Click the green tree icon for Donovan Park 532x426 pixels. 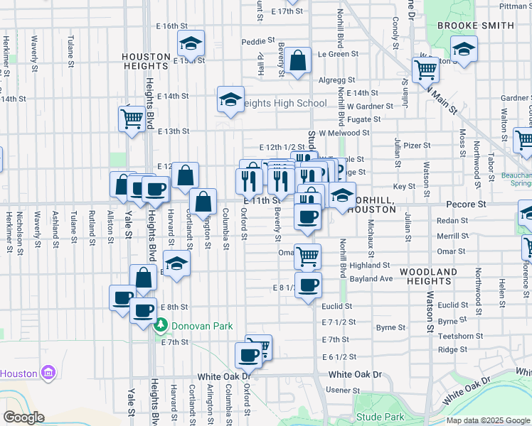click(x=161, y=326)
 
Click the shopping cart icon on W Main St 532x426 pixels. click(x=425, y=70)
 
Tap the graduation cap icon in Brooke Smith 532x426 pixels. click(x=464, y=49)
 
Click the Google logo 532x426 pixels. click(x=23, y=417)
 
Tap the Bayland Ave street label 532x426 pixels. click(x=371, y=279)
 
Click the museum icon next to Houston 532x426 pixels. click(x=48, y=373)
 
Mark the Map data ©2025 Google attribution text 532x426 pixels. click(x=487, y=420)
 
